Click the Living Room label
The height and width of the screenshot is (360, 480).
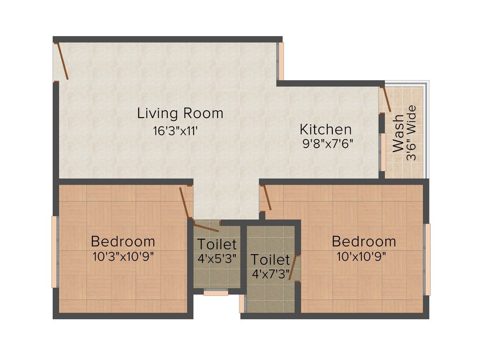180,113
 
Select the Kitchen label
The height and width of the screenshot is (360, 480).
325,129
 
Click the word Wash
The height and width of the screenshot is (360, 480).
398,134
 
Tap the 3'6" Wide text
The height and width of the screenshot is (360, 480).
412,134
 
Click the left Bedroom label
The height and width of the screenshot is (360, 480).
123,241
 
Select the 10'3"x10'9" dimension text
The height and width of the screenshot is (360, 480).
124,256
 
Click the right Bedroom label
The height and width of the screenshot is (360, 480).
364,241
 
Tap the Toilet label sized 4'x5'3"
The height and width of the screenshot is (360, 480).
217,244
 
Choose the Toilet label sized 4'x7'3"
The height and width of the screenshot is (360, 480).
270,259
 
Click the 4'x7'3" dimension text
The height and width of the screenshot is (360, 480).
270,272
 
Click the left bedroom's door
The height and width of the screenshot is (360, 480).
185,203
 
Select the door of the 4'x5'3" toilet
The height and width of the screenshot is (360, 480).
206,228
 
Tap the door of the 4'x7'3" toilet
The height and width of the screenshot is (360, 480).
293,268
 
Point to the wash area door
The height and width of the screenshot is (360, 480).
386,99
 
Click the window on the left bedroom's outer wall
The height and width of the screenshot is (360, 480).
54,252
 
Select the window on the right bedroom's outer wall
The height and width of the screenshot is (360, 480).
427,259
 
